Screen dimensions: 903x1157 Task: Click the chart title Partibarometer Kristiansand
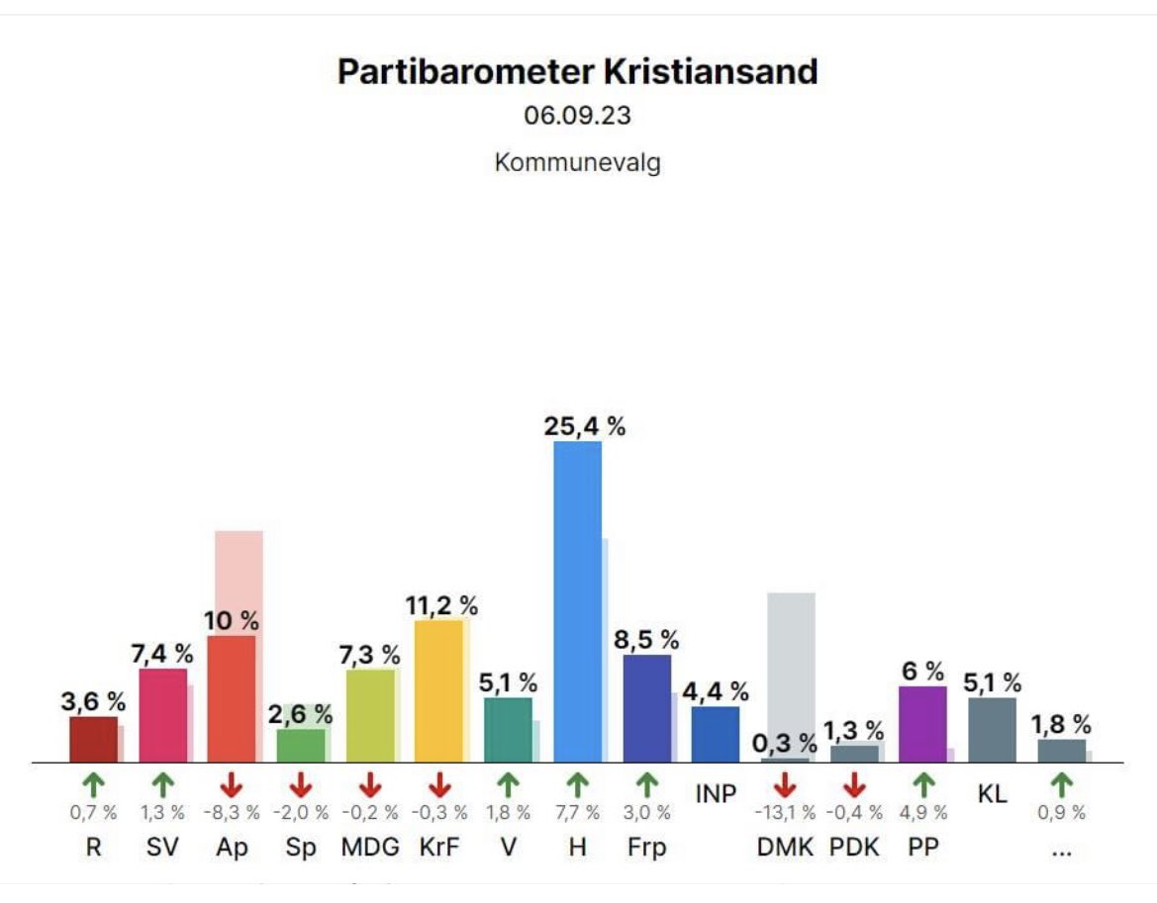coord(577,72)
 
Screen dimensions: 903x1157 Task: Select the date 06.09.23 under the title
coord(577,116)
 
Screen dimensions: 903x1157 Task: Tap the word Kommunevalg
coord(577,161)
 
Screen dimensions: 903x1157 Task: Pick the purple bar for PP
coord(922,724)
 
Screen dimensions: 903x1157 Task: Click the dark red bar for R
coord(93,739)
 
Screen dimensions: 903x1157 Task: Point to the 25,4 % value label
coord(584,427)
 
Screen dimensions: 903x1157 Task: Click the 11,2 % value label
coord(441,605)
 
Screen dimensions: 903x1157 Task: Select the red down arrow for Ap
coord(232,785)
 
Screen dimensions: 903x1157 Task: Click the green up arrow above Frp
coord(646,785)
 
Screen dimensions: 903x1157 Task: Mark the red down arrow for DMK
coord(785,785)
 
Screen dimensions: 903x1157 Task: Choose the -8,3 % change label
coord(232,813)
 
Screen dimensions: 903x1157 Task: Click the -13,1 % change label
coord(785,813)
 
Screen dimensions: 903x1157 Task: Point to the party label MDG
coord(370,848)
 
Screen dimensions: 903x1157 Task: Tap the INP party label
coord(716,794)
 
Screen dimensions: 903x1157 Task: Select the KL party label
coord(992,794)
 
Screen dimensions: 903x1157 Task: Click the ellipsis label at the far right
coord(1061,848)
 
